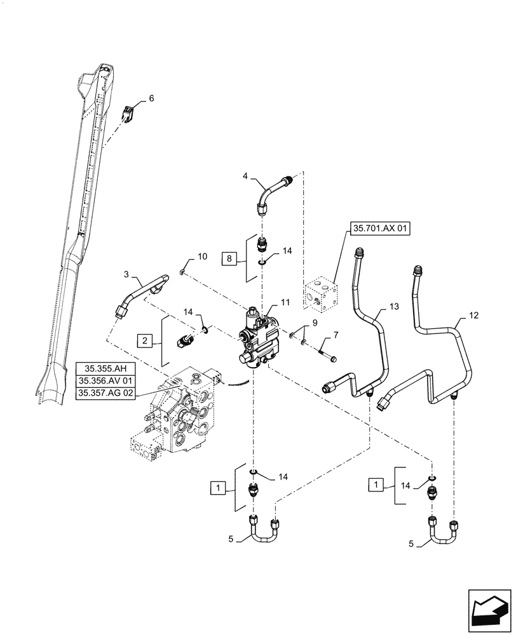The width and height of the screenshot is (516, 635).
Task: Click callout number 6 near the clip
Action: coord(151,98)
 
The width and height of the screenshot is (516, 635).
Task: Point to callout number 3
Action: coord(126,274)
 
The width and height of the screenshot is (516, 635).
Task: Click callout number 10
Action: coord(202,257)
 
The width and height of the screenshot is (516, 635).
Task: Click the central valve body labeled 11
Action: coord(261,338)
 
